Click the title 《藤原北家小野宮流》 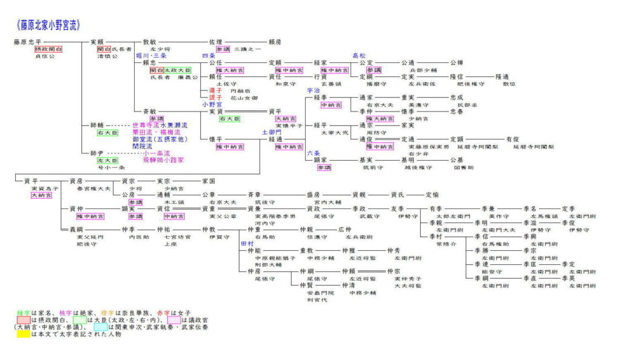click(x=48, y=25)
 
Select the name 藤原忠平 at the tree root click(x=27, y=42)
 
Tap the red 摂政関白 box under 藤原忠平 click(x=49, y=49)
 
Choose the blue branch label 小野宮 click(x=212, y=104)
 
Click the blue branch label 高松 click(x=359, y=55)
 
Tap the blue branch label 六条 click(x=313, y=153)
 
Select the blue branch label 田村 click(x=246, y=243)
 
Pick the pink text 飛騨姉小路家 click(x=163, y=160)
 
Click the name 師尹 click(x=97, y=153)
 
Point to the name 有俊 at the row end click(x=512, y=139)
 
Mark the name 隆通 click(x=502, y=77)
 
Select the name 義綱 click(x=76, y=230)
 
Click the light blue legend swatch click(x=101, y=326)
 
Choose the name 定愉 click(x=432, y=195)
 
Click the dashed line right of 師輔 click(x=118, y=125)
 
